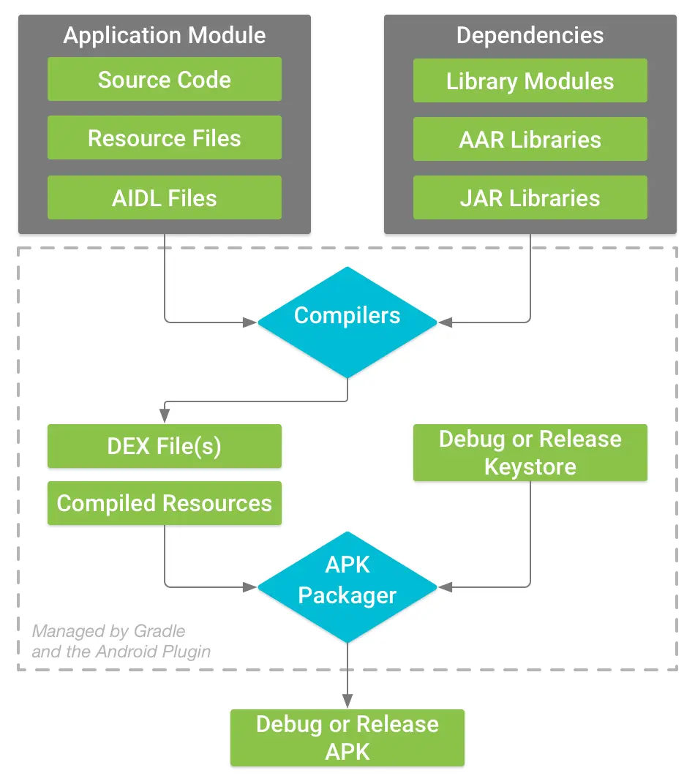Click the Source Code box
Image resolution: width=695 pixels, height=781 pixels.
[165, 80]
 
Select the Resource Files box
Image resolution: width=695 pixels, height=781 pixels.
[165, 138]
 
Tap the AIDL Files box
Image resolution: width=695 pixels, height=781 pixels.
[165, 197]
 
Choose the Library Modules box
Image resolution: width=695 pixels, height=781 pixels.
[530, 80]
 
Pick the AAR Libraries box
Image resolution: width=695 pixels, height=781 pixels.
[530, 139]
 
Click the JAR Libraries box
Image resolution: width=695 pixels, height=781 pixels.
[530, 197]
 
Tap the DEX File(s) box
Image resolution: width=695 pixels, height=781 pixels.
[165, 446]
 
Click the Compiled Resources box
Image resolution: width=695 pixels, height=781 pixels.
[165, 503]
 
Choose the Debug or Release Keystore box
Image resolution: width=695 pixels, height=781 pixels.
[530, 453]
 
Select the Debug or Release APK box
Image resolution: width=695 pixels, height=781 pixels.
[347, 738]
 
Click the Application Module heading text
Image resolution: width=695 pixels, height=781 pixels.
[165, 35]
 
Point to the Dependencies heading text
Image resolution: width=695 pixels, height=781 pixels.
[530, 35]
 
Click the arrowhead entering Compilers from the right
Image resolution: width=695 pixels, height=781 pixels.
[444, 322]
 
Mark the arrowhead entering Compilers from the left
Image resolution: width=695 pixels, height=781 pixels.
[251, 322]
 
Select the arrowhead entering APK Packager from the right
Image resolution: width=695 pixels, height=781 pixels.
[444, 586]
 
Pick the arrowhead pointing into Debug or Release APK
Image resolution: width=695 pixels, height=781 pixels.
[347, 702]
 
